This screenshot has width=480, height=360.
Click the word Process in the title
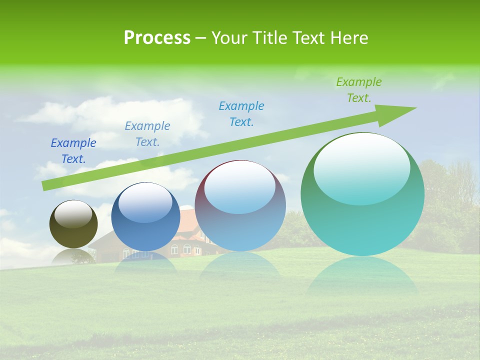pyautogui.click(x=157, y=38)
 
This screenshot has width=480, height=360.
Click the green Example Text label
pyautogui.click(x=359, y=90)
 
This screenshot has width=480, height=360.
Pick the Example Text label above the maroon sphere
pyautogui.click(x=241, y=114)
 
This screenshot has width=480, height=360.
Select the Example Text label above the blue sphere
pyautogui.click(x=147, y=134)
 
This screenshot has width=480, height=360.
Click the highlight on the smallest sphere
pyautogui.click(x=73, y=214)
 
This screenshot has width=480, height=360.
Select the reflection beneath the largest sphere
pyautogui.click(x=362, y=275)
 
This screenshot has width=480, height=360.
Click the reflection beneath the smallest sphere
pyautogui.click(x=73, y=256)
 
